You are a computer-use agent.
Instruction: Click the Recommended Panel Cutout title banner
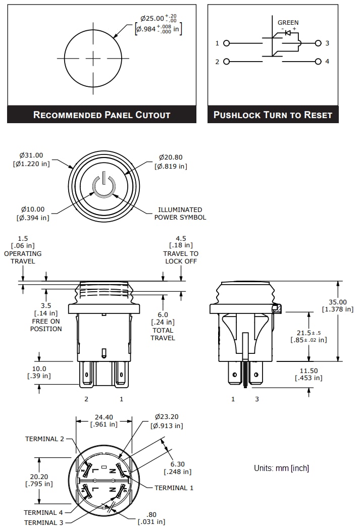101,115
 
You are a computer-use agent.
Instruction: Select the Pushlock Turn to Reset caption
273,115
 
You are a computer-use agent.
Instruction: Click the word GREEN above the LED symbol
288,22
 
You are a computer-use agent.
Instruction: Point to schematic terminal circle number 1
226,43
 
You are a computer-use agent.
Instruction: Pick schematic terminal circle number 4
318,62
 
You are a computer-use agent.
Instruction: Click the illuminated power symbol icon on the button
104,186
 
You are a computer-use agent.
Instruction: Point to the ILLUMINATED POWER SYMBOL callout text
180,214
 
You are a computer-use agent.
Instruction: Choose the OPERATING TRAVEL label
23,257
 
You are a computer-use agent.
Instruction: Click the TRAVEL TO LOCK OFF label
181,257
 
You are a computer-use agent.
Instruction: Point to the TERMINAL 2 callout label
45,439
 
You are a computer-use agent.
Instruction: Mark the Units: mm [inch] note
281,468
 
